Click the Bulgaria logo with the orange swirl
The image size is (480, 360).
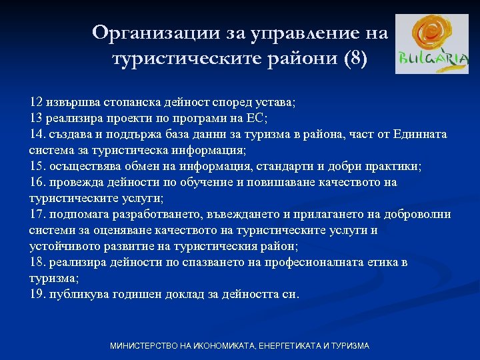coord(431,44)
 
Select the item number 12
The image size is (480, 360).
coord(36,103)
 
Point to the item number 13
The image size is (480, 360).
coord(36,119)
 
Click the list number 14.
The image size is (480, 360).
coord(37,135)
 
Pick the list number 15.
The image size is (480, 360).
coord(37,167)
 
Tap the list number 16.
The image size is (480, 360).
coord(37,183)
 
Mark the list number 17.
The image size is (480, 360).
coord(37,215)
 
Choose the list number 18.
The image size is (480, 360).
coord(37,263)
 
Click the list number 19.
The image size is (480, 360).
coord(37,294)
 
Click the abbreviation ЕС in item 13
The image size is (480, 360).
coord(256,119)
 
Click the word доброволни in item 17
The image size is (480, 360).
coord(419,215)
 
